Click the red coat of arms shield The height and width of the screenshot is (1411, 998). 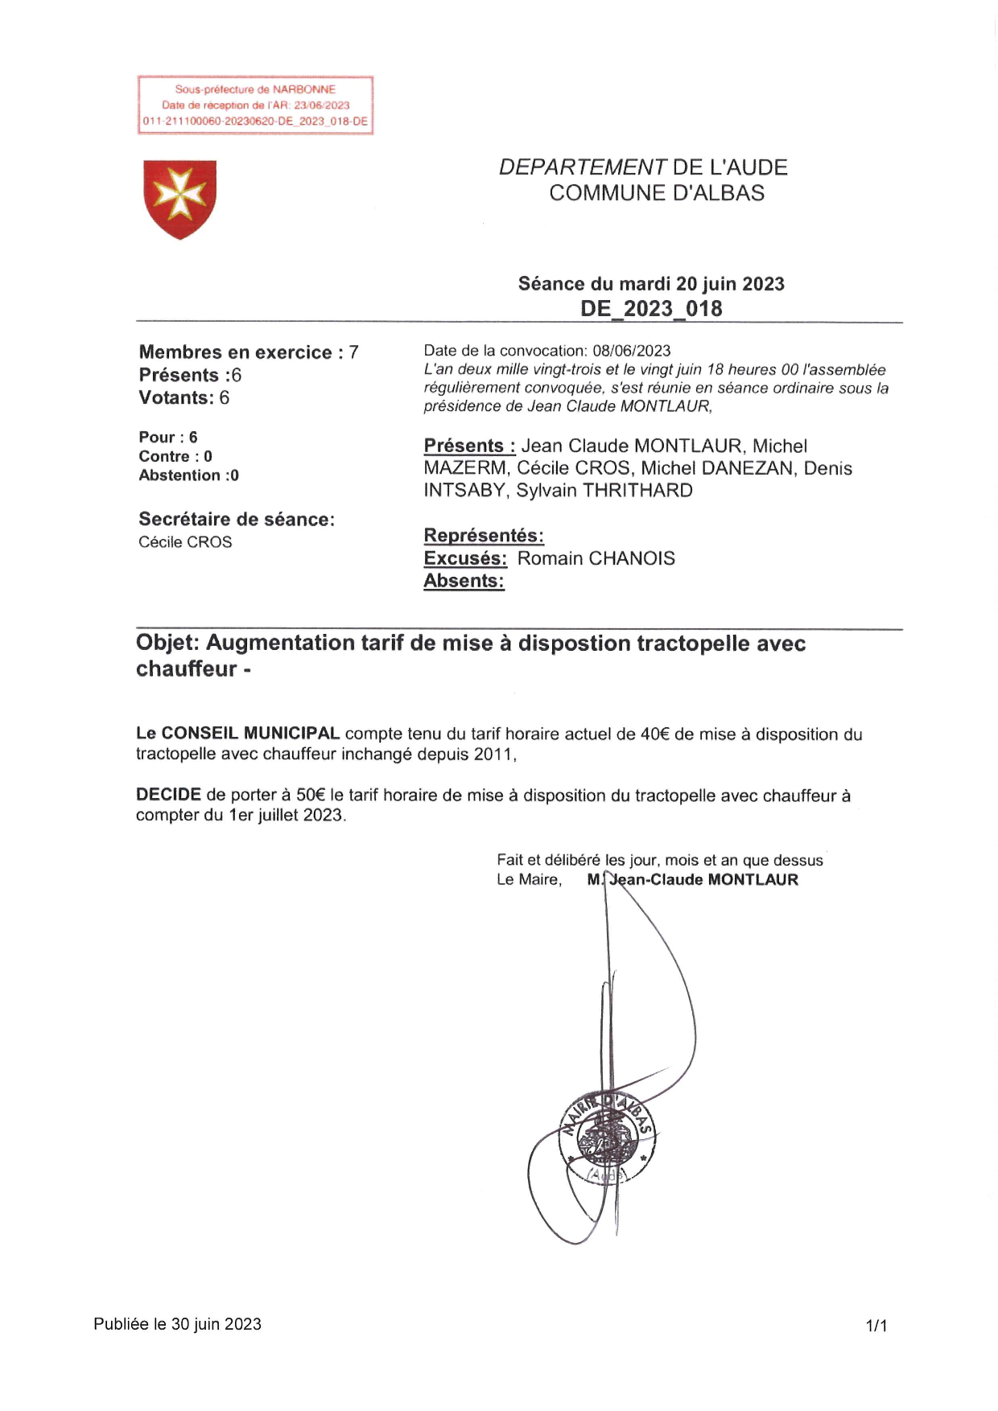[x=179, y=199]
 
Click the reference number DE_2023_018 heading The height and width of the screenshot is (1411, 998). [x=651, y=309]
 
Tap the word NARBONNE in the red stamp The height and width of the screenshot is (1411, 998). [x=303, y=89]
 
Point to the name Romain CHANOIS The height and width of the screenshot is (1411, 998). [x=596, y=558]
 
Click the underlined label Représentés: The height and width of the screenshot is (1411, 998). [x=484, y=536]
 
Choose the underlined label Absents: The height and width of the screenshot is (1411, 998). [x=464, y=581]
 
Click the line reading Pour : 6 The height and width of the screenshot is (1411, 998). [x=167, y=438]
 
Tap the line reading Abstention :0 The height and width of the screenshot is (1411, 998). [x=188, y=475]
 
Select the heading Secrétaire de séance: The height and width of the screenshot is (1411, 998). [x=237, y=520]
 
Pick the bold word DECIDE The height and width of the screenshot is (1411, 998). [x=168, y=795]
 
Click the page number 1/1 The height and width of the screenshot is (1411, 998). [x=876, y=1325]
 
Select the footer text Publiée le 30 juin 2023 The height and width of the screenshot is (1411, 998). [x=177, y=1324]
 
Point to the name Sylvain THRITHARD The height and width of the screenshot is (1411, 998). [x=604, y=491]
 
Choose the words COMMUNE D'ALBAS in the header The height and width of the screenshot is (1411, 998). [x=657, y=193]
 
